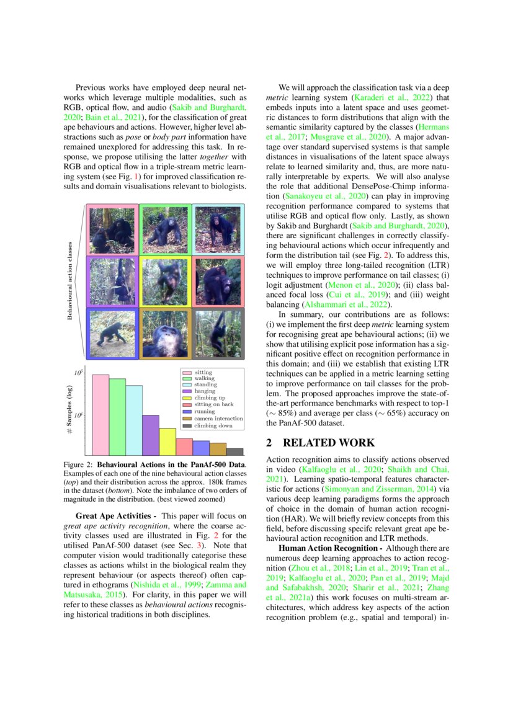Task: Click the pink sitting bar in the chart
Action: tap(100, 414)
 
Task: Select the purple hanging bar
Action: tap(151, 434)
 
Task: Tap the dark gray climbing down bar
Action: tap(234, 451)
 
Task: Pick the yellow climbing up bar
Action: tap(167, 441)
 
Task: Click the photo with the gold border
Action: tap(165, 334)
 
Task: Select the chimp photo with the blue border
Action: tap(112, 334)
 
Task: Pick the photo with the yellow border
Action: tap(165, 281)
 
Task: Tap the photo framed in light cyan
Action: tap(218, 229)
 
